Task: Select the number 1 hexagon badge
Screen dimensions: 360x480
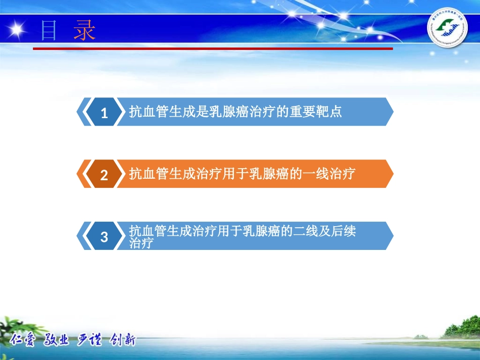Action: [x=104, y=113]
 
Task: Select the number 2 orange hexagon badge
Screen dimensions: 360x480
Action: [x=104, y=175]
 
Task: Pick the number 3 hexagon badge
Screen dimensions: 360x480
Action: [x=104, y=236]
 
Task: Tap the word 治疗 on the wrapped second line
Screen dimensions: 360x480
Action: [x=141, y=243]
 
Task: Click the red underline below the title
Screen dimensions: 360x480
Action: [x=212, y=48]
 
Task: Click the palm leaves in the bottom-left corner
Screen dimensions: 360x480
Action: [x=15, y=323]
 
